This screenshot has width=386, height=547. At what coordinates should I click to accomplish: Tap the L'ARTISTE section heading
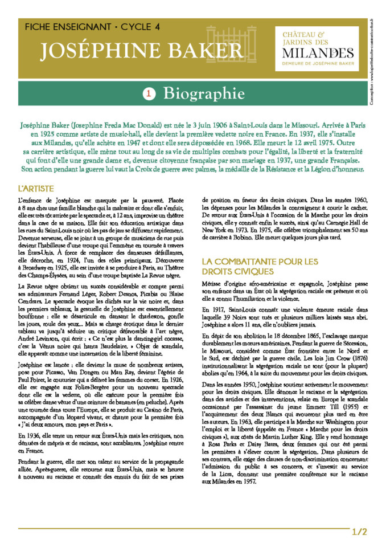[x=36, y=187]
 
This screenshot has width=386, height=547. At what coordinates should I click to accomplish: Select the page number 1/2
[x=360, y=532]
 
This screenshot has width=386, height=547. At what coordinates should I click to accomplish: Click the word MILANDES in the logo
[x=318, y=54]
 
